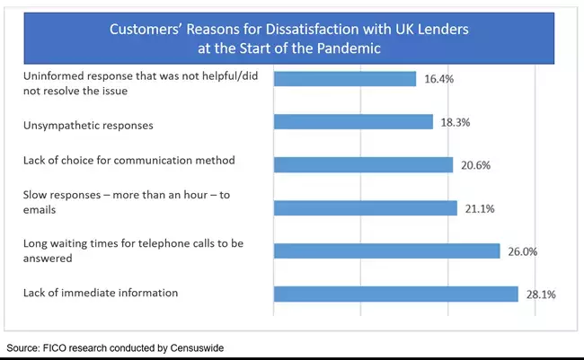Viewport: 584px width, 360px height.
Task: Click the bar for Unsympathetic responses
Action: click(x=353, y=122)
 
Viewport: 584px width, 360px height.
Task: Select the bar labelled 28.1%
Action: click(x=395, y=294)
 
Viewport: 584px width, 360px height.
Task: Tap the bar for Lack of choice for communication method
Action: click(x=363, y=164)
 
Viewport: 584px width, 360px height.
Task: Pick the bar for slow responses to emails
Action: click(x=365, y=208)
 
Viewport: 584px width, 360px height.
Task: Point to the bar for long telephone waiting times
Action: click(x=386, y=250)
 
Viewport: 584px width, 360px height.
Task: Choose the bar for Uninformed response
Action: click(x=344, y=79)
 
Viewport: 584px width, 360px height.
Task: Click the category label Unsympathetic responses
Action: click(x=88, y=126)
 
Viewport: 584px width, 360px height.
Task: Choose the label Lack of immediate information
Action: click(x=100, y=294)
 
